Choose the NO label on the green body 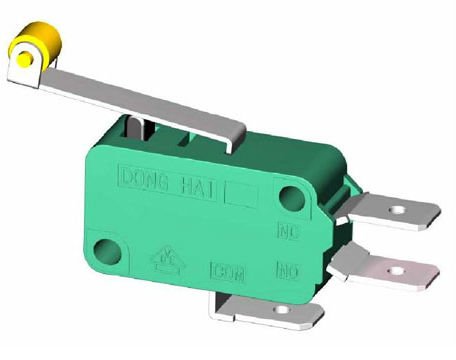tap(287, 270)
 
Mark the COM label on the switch tap(228, 270)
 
